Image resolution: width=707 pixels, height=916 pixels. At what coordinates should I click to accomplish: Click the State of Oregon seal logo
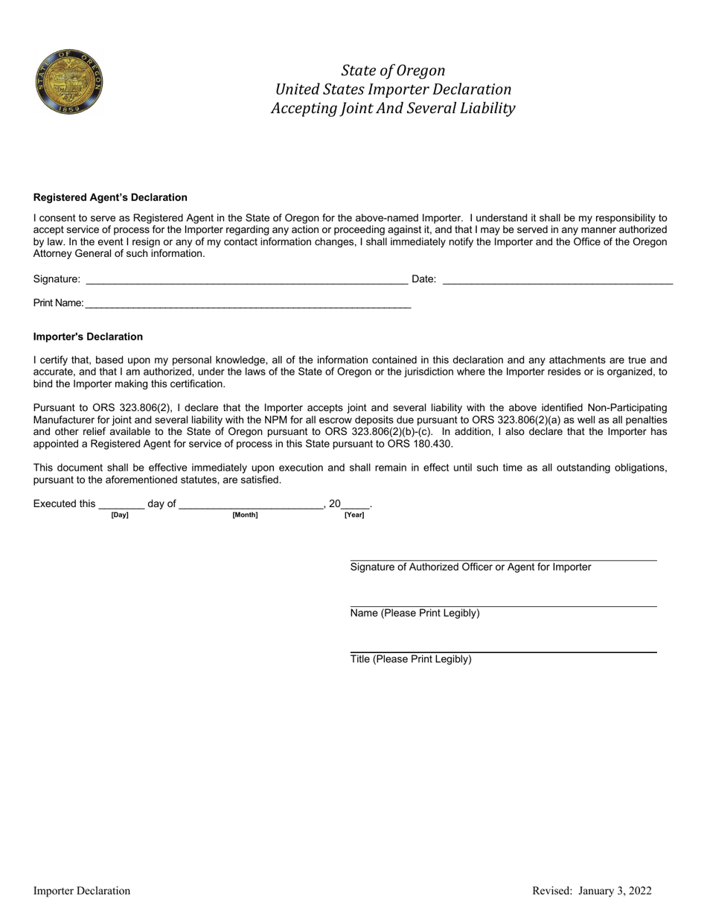[68, 81]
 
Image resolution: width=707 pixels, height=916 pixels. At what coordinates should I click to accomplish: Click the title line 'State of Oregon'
[393, 71]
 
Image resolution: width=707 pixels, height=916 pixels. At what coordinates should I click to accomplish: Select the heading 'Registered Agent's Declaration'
[110, 197]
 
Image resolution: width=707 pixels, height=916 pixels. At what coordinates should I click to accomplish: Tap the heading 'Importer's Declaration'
[88, 337]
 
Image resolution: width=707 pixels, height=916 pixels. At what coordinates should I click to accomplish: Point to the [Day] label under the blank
[120, 515]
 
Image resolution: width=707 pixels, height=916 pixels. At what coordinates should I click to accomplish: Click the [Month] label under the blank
[245, 515]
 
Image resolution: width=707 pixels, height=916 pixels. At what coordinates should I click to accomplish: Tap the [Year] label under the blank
[354, 515]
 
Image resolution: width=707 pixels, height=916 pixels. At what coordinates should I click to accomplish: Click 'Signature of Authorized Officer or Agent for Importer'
[470, 567]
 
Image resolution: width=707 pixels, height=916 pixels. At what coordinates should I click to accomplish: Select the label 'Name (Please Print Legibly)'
[415, 613]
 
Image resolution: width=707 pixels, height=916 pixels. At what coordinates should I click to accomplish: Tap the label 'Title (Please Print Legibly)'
[411, 659]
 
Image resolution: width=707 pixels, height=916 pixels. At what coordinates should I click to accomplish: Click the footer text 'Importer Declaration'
[82, 891]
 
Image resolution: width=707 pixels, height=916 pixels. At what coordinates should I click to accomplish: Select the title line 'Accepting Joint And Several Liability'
[393, 108]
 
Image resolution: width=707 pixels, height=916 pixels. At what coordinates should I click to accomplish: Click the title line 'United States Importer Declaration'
[393, 89]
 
